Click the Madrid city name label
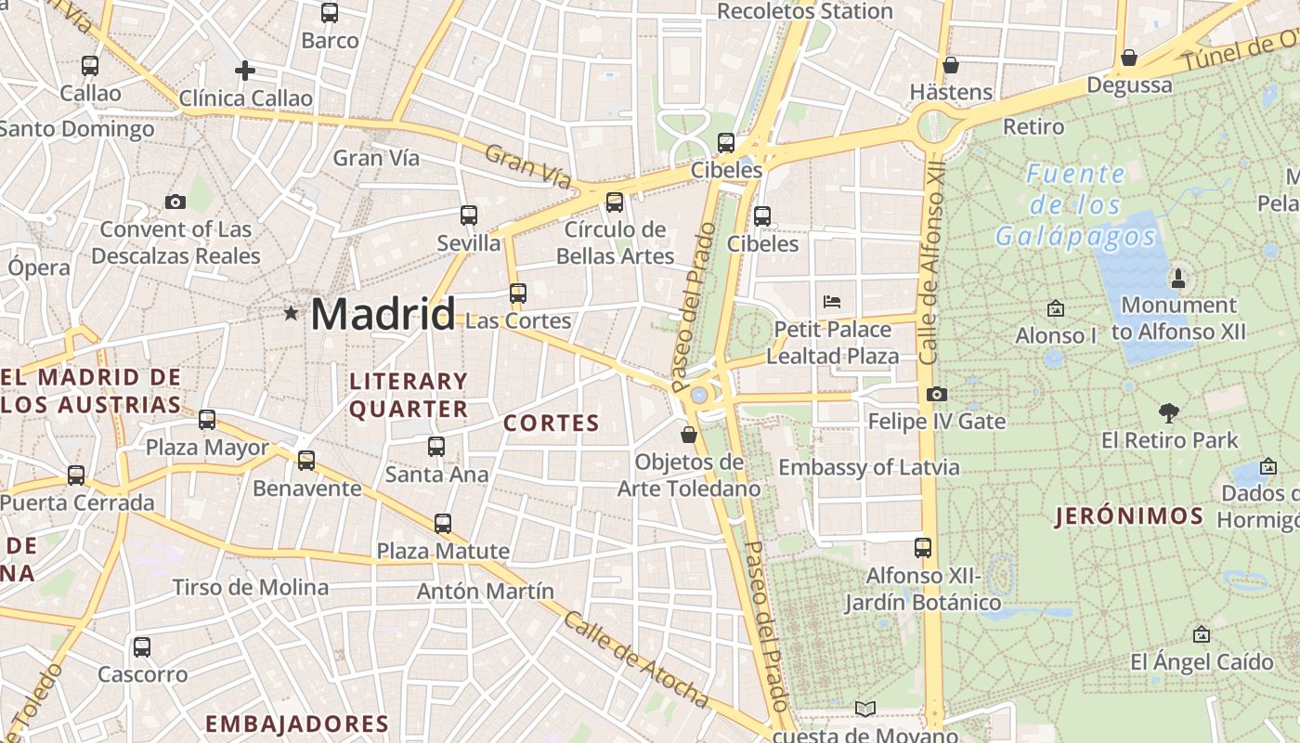tap(383, 314)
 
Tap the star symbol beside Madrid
tap(292, 314)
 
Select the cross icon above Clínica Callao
tap(245, 71)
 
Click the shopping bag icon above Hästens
tap(950, 65)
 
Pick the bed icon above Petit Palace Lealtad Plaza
tap(832, 301)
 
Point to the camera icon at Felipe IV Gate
tap(936, 394)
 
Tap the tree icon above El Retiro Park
tap(1169, 412)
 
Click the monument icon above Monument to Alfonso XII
tap(1178, 277)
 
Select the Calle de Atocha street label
tap(636, 658)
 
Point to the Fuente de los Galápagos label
tap(1076, 205)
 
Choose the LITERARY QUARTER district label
tap(409, 395)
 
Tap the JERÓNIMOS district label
tap(1130, 516)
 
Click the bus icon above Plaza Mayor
tap(207, 420)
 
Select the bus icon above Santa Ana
tap(436, 447)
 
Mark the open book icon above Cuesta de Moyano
tap(864, 710)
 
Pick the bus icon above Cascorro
tap(142, 647)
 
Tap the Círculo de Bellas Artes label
tap(616, 242)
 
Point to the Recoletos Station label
tap(805, 12)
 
